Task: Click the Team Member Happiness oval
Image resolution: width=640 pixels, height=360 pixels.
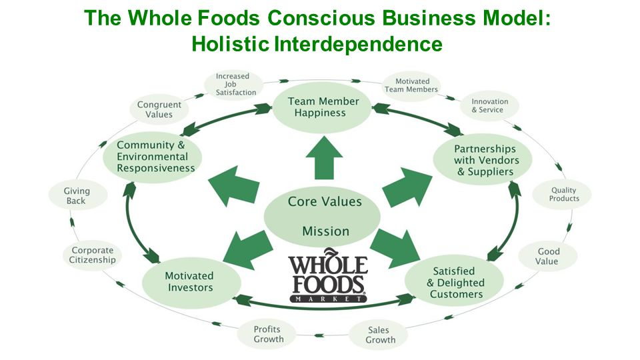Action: pos(323,107)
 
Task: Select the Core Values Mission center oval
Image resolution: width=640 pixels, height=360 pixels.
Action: pos(323,215)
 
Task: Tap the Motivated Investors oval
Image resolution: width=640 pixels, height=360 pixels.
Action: pos(189,281)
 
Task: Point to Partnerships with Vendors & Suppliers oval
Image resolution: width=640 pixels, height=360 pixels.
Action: pos(484,160)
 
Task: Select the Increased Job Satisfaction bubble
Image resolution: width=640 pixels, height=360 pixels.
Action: pos(235,85)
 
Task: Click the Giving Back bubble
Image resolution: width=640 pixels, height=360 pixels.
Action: pos(77,196)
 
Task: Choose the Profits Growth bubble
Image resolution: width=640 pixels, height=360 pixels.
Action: pos(268,334)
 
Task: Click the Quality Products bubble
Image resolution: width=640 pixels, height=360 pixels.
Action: pos(564,194)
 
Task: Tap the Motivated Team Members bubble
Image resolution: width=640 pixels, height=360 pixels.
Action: pos(411,85)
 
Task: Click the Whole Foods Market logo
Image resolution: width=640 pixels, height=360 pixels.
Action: pos(327,279)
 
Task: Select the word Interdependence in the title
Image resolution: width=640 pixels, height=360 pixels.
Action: pos(359,44)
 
